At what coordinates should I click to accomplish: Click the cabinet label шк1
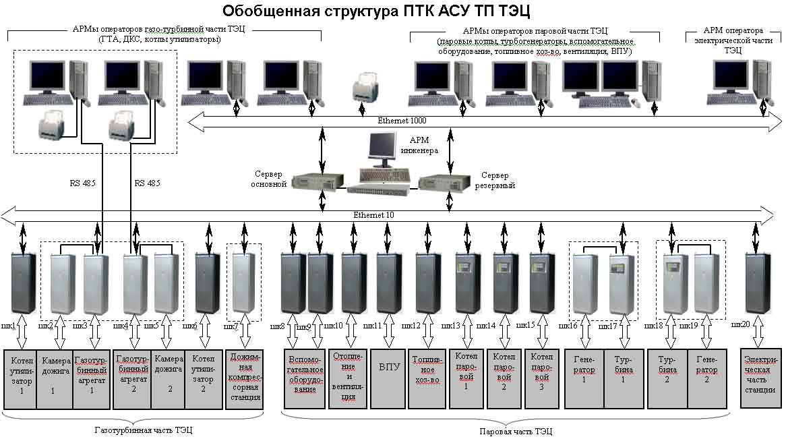pos(9,326)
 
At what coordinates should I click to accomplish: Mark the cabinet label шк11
pos(372,326)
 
